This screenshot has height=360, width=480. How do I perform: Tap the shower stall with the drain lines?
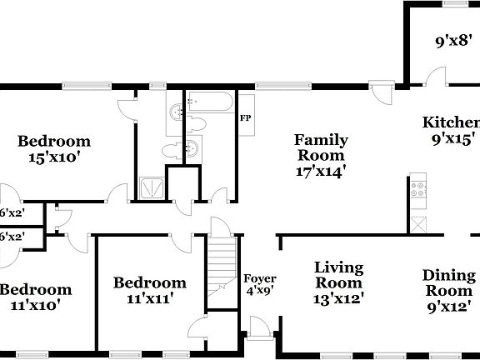click(x=150, y=187)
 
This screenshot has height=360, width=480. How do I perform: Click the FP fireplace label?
click(x=246, y=117)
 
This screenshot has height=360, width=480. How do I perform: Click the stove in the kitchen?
click(x=417, y=191)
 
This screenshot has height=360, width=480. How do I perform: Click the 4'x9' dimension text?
click(x=259, y=292)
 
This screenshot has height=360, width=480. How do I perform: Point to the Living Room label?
click(x=338, y=275)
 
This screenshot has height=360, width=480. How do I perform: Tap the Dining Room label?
click(x=449, y=283)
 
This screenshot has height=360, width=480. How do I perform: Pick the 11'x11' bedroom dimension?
click(x=149, y=297)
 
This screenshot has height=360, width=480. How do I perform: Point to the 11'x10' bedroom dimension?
click(x=35, y=305)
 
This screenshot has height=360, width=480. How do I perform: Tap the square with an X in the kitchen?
click(x=417, y=222)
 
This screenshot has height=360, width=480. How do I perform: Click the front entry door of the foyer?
click(x=258, y=327)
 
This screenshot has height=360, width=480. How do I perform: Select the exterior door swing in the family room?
click(x=382, y=91)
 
